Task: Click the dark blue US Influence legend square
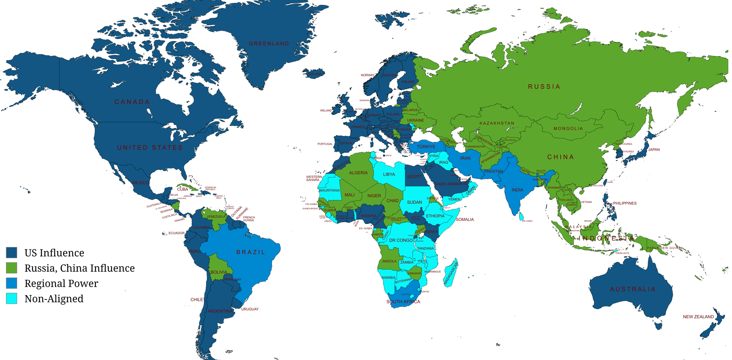tap(12, 253)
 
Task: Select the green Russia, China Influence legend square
tap(12, 268)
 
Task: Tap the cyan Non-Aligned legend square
tap(12, 298)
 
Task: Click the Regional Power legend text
tap(61, 283)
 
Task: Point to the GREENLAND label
tap(269, 44)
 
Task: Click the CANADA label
tap(132, 102)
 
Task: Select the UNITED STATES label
tap(150, 148)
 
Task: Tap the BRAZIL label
tap(251, 252)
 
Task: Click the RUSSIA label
tap(544, 86)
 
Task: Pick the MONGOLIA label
tap(568, 129)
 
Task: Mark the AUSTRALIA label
tap(632, 289)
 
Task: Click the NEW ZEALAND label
tap(698, 317)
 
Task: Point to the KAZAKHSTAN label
tap(497, 123)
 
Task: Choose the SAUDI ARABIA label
tap(448, 184)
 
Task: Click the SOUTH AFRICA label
tap(403, 302)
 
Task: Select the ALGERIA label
tap(358, 173)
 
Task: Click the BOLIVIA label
tap(219, 272)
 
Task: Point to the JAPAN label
tap(654, 149)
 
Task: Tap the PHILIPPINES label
tap(624, 203)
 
